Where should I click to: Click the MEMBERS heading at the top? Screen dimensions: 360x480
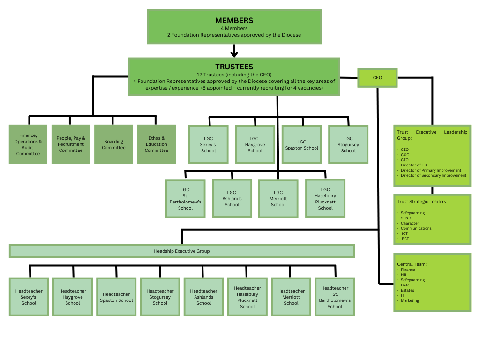click(x=234, y=20)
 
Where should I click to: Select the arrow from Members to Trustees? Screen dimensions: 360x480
click(x=234, y=51)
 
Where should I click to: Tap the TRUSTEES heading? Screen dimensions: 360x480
click(x=234, y=67)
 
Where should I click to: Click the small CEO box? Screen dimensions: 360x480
click(x=377, y=77)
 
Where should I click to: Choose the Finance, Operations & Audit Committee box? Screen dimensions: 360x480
click(x=28, y=144)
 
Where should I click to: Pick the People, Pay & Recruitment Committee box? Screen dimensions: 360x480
click(x=71, y=144)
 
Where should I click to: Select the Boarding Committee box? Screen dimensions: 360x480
click(x=113, y=144)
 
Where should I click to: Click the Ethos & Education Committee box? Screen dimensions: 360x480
click(x=156, y=144)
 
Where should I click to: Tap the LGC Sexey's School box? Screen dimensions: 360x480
click(x=208, y=144)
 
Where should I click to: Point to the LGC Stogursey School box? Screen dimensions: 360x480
click(x=348, y=144)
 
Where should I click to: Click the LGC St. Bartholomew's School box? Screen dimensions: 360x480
click(x=185, y=199)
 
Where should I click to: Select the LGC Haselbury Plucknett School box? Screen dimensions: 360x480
click(x=325, y=199)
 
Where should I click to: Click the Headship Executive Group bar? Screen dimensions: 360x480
click(x=182, y=251)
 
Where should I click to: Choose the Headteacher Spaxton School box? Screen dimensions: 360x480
click(x=116, y=297)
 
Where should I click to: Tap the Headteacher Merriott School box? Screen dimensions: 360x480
click(x=291, y=297)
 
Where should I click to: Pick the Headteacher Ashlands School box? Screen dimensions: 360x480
click(x=204, y=297)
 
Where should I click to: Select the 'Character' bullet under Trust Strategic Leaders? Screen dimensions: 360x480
click(x=410, y=223)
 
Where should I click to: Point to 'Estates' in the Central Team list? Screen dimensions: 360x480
click(x=407, y=290)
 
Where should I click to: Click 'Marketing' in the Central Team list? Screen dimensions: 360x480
click(x=410, y=300)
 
